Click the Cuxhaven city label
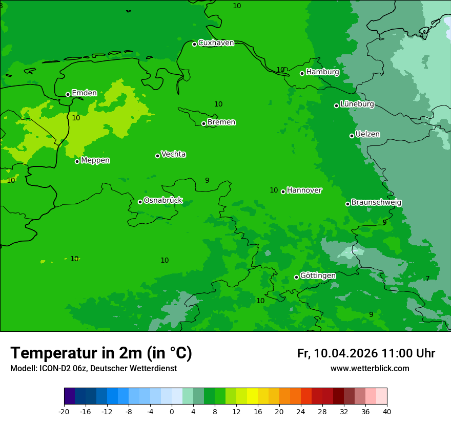pos(216,43)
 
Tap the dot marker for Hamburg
pos(302,73)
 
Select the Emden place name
pos(84,93)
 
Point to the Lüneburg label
pos(357,104)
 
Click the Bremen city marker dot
pos(203,123)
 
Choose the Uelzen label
pos(367,135)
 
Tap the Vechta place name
pos(173,155)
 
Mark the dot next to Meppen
pos(77,161)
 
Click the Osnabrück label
pos(163,201)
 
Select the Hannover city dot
pos(283,192)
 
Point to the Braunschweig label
pos(376,203)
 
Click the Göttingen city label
pos(318,276)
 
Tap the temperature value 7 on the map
pos(427,279)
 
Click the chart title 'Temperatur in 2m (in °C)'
pos(101,353)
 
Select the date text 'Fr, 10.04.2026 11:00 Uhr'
pos(366,354)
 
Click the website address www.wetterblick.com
pos(370,369)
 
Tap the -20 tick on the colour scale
pos(64,412)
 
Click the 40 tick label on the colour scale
pos(387,412)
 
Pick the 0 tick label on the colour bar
pos(172,412)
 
